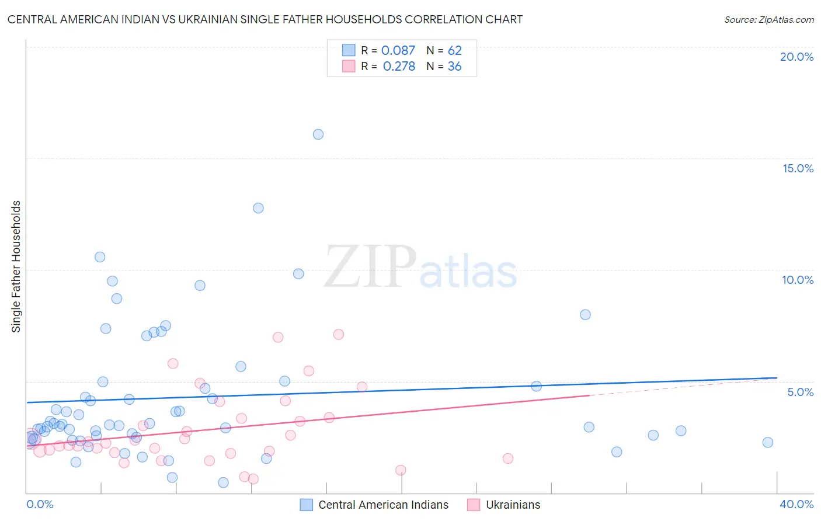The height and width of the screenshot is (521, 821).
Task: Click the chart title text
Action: (x=265, y=19)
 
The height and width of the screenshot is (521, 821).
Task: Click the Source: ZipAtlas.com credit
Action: (x=768, y=19)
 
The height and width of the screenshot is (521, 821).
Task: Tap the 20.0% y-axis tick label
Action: (x=796, y=57)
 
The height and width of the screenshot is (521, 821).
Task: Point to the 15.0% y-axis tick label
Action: (x=798, y=168)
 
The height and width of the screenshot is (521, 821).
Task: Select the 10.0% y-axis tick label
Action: (x=798, y=280)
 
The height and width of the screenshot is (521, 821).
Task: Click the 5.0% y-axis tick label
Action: (x=800, y=392)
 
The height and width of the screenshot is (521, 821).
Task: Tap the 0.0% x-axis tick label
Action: (x=40, y=504)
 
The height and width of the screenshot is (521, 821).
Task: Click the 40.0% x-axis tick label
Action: (x=796, y=504)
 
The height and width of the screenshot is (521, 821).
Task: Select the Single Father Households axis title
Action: (x=16, y=266)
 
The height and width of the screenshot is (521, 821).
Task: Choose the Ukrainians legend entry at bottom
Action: (x=513, y=505)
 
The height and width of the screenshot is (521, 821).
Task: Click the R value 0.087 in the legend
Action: (x=398, y=50)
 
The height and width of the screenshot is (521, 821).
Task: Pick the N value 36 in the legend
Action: (x=454, y=66)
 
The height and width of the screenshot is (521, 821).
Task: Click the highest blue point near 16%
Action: (x=318, y=134)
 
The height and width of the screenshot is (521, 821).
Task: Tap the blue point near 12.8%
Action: (x=258, y=208)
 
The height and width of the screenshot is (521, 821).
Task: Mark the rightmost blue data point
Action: (x=768, y=442)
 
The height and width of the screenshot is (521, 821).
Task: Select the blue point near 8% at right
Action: (x=585, y=314)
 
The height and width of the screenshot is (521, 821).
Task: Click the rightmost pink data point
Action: (x=508, y=459)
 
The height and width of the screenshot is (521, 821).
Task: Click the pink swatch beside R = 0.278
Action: (x=349, y=66)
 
